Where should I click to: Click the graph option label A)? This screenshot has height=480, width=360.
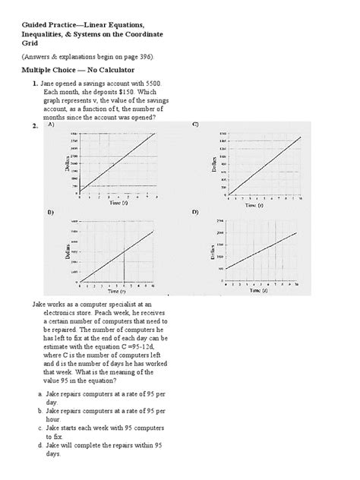pyautogui.click(x=51, y=126)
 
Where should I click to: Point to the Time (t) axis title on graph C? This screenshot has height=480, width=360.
pyautogui.click(x=251, y=205)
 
